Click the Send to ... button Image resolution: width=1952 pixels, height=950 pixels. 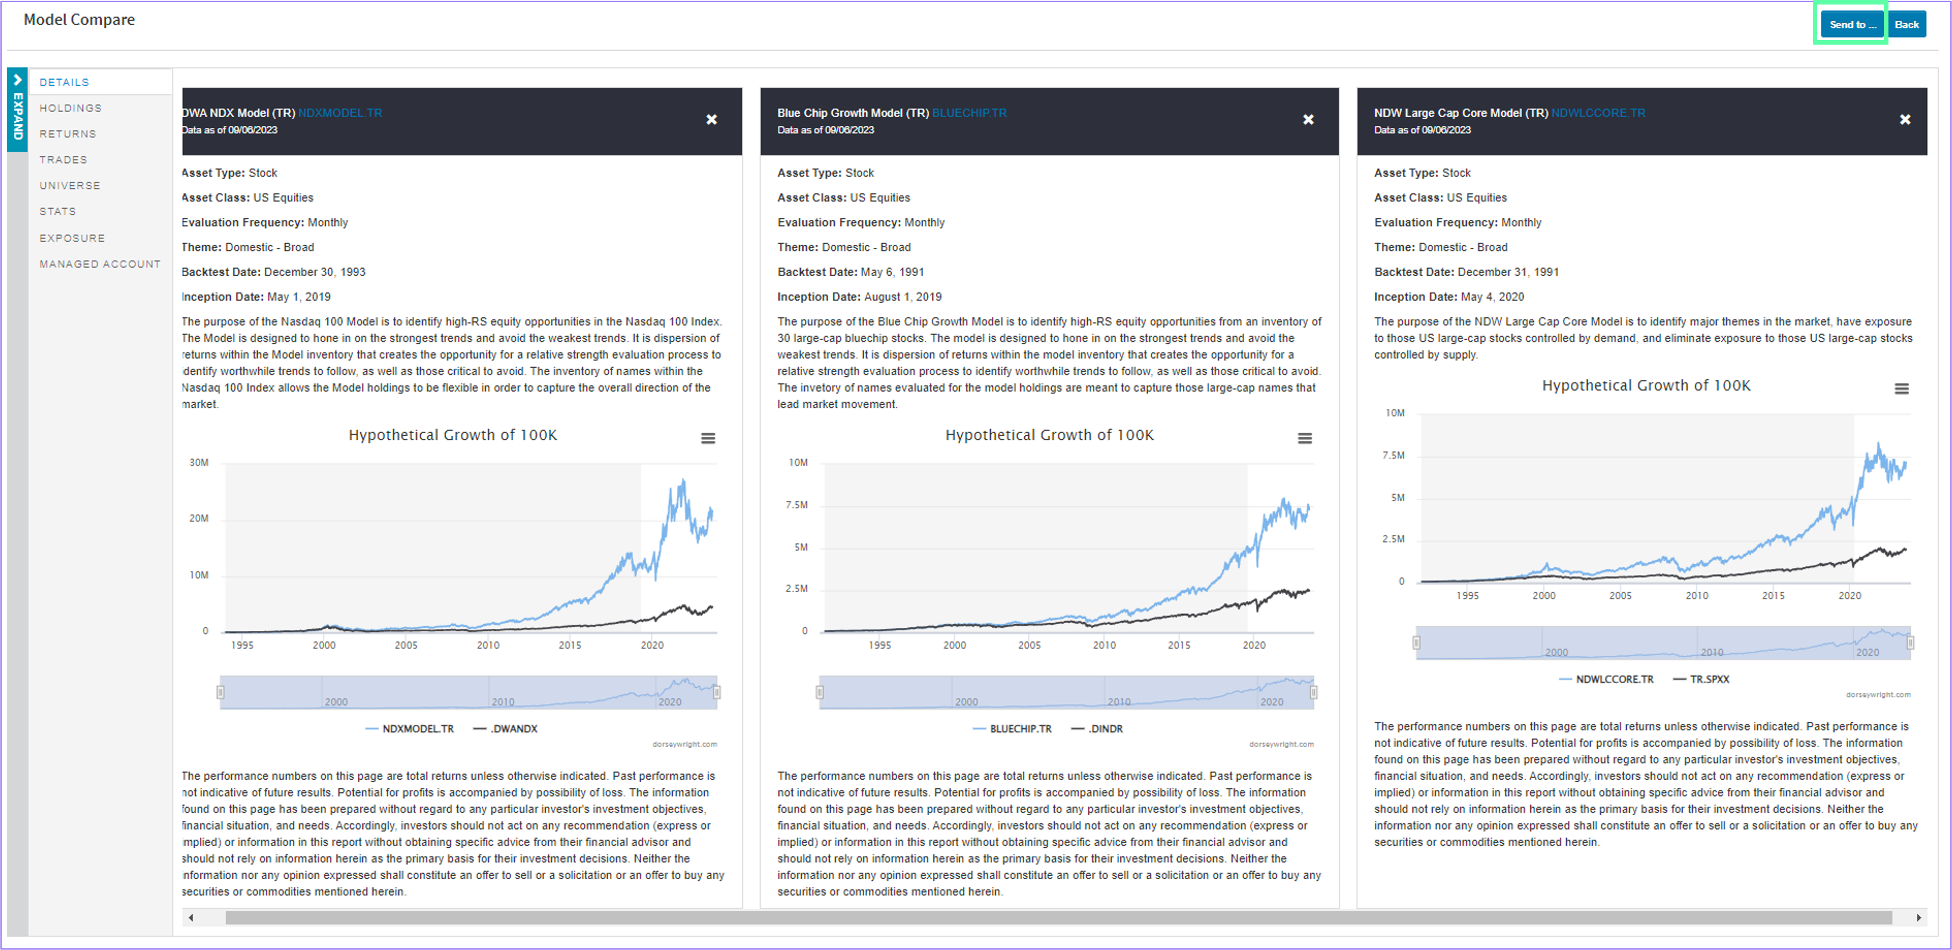coord(1853,24)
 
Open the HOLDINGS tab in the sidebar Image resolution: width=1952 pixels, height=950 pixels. coord(70,108)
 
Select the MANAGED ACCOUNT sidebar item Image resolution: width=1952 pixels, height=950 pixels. coord(100,264)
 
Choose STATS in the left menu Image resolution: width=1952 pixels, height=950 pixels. coord(58,211)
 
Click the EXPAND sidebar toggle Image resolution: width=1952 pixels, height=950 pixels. coord(18,110)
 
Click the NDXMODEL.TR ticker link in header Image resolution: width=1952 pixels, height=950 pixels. coord(340,113)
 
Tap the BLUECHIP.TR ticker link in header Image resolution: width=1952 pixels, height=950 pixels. coord(969,113)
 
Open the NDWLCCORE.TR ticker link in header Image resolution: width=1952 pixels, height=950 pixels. coord(1598,113)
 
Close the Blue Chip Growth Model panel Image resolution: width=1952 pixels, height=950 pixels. coord(1308,120)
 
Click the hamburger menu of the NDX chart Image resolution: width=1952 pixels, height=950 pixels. coord(708,438)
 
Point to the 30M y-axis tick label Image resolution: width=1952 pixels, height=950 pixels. coord(199,462)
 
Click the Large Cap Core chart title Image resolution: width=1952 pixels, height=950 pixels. coord(1646,386)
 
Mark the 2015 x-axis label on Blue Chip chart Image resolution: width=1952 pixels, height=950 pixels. coord(1179,645)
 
